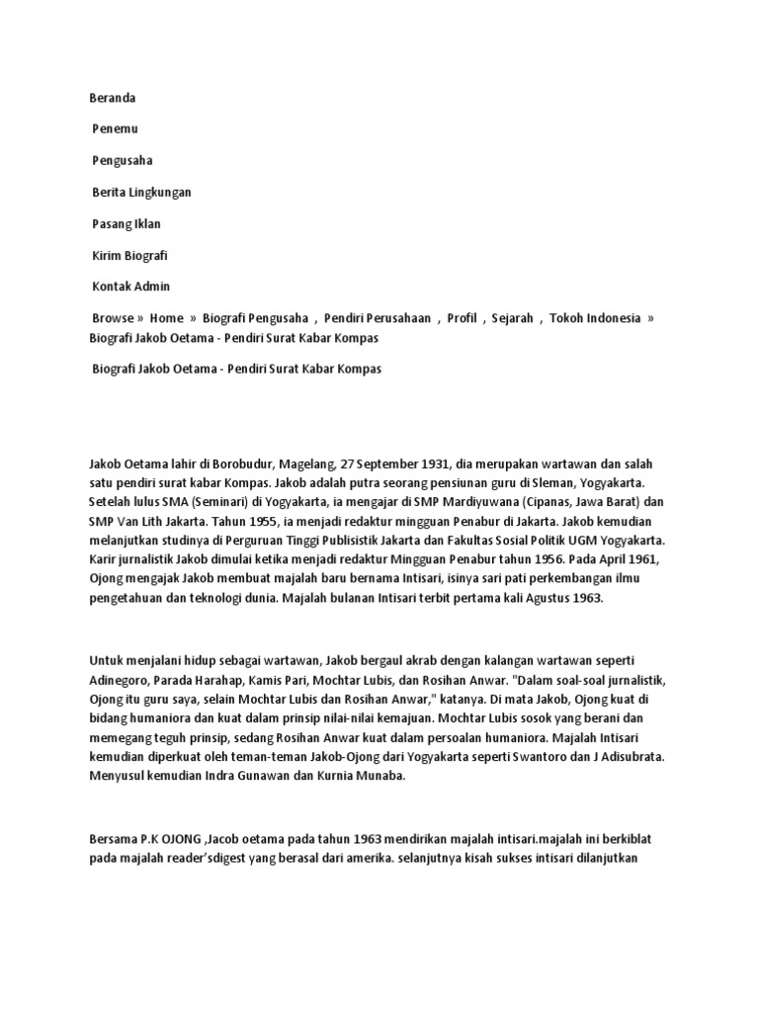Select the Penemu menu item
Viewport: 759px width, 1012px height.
tap(117, 128)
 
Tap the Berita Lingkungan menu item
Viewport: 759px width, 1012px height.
tap(141, 192)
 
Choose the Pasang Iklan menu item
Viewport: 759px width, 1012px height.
tap(126, 223)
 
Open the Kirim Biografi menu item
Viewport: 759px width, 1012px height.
tap(130, 255)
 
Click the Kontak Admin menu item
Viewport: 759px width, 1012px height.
tap(131, 287)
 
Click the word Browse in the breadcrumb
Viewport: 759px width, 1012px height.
tap(113, 318)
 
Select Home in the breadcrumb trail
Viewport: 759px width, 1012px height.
tap(167, 318)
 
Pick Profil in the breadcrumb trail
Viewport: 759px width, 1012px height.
tap(462, 318)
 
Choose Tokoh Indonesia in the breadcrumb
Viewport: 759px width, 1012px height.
tap(595, 318)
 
